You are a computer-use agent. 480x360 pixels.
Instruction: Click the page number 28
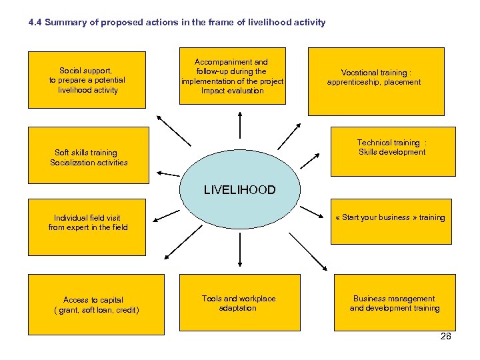pyautogui.click(x=446, y=336)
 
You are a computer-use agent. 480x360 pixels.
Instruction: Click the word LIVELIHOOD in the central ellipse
pyautogui.click(x=239, y=190)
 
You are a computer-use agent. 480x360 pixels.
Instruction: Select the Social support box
pyautogui.click(x=87, y=80)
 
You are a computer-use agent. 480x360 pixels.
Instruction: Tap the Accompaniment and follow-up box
pyautogui.click(x=233, y=76)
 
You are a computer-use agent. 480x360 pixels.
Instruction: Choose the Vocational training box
pyautogui.click(x=376, y=81)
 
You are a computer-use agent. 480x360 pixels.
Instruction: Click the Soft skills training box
pyautogui.click(x=88, y=155)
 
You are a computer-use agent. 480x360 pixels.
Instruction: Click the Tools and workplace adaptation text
pyautogui.click(x=238, y=303)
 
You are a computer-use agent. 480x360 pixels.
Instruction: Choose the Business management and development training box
pyautogui.click(x=394, y=303)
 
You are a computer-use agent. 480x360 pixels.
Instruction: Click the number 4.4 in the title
pyautogui.click(x=36, y=23)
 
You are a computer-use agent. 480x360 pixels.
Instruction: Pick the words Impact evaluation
pyautogui.click(x=233, y=91)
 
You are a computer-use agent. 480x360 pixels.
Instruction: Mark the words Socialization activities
pyautogui.click(x=89, y=163)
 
